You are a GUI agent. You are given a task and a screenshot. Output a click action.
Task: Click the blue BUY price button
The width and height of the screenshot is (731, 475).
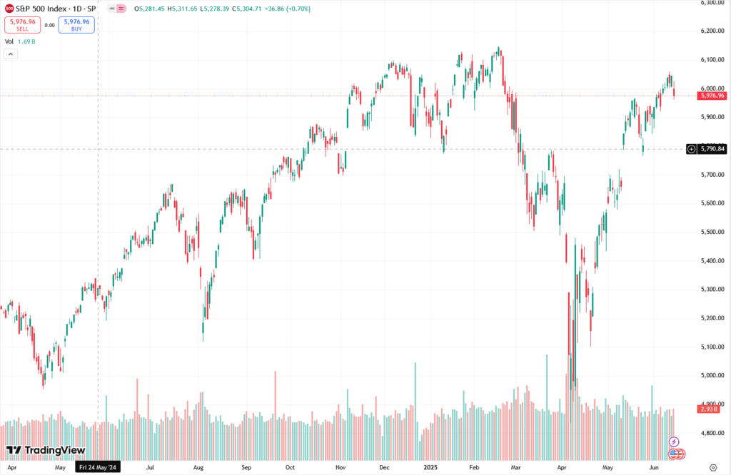click(76, 24)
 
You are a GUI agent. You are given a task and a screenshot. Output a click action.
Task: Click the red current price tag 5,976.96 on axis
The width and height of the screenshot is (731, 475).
click(712, 96)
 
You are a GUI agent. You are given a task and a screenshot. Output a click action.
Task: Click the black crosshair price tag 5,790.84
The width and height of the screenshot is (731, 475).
click(712, 149)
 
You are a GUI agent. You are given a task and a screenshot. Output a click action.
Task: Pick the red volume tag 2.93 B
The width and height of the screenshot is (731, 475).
click(712, 409)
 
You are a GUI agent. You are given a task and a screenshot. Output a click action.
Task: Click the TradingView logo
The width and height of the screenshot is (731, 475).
click(46, 450)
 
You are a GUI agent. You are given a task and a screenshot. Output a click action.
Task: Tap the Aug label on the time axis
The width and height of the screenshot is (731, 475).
click(198, 468)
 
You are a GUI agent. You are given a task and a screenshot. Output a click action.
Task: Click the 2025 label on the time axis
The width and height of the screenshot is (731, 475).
click(430, 468)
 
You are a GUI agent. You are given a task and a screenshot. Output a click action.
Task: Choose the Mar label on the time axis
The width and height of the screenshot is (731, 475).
click(515, 468)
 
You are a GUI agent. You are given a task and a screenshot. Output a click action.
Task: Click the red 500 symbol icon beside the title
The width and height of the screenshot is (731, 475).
click(9, 9)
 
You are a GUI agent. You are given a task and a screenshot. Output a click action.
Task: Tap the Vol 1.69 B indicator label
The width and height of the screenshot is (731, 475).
click(20, 41)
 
